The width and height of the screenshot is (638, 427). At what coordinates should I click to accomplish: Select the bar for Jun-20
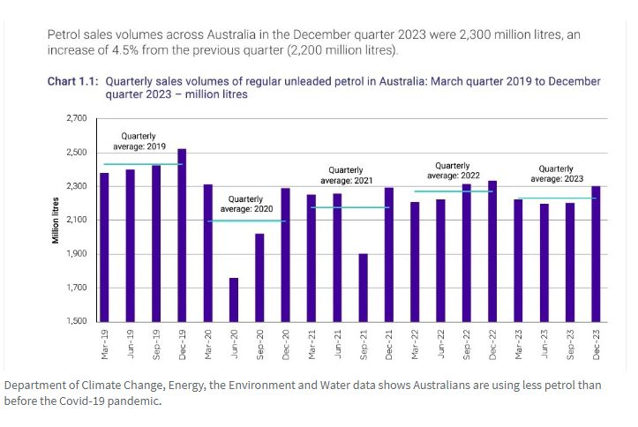coord(234,299)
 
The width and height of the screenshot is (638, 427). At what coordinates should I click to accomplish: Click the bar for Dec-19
coord(182,235)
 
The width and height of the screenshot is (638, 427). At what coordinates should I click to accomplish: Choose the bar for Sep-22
coord(467,252)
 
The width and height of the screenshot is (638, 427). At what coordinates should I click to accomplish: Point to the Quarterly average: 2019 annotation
coord(139,141)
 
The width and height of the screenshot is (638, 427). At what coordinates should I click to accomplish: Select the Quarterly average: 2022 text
coord(453,170)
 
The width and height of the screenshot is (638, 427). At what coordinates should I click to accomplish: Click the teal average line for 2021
coord(350,207)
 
